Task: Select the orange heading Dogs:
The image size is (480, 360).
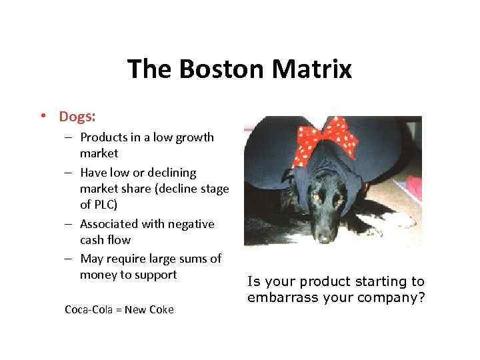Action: coord(77,117)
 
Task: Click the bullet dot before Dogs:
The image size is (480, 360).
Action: coord(43,117)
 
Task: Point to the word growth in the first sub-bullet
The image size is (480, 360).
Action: coord(193,137)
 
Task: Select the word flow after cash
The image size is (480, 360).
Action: coord(119,240)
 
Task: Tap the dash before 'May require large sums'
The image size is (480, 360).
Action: coord(70,259)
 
